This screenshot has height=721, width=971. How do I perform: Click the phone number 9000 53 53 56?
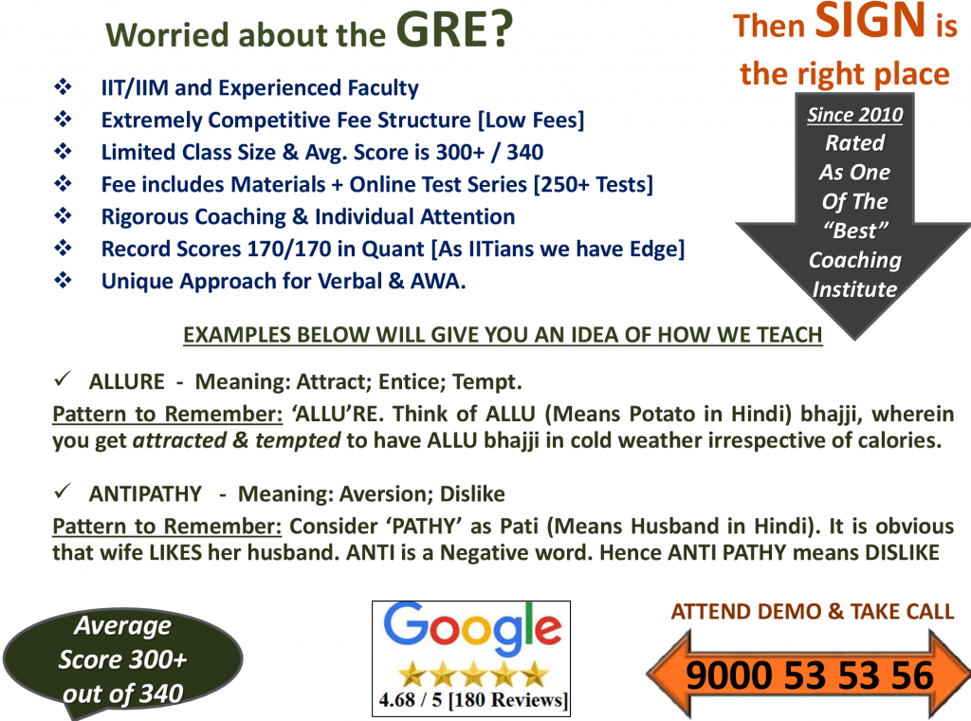[810, 675]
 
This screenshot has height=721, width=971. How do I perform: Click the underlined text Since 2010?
[854, 116]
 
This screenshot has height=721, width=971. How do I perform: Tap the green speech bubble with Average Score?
[122, 659]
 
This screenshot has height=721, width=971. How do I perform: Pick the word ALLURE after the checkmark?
[125, 382]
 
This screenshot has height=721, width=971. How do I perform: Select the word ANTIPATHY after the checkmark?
[145, 493]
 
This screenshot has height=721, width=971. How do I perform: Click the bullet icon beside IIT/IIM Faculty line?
[64, 88]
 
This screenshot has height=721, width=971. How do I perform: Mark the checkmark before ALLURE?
[62, 381]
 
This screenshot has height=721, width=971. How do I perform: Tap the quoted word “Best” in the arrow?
[854, 231]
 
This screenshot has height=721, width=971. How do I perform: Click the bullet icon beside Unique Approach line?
[64, 281]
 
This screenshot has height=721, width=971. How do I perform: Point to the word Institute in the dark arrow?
[854, 289]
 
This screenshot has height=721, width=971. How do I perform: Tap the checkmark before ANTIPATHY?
[62, 492]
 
